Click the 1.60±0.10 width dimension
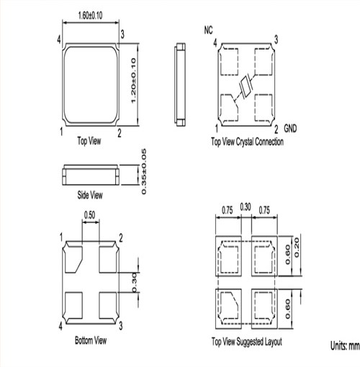point(90,15)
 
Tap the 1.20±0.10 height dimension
point(133,81)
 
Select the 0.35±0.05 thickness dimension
point(143,171)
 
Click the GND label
point(290,129)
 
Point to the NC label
point(208,30)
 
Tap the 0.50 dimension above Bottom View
point(89,214)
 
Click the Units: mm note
point(345,345)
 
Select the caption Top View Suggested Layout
point(247,342)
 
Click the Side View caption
point(90,195)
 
